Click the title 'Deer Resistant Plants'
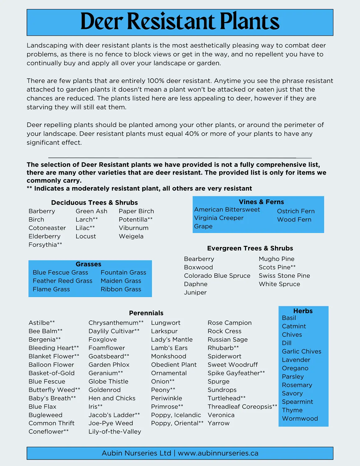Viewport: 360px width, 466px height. [180, 22]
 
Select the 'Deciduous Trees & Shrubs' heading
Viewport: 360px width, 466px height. [94, 203]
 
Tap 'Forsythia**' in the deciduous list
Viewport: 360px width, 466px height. [45, 245]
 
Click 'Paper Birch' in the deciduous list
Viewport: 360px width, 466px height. [136, 211]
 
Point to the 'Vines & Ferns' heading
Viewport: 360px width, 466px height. [261, 202]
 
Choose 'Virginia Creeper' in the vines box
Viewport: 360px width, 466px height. [219, 218]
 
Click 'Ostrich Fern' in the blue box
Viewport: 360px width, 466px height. [296, 211]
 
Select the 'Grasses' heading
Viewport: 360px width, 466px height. [89, 264]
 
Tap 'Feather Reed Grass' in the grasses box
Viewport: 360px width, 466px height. [62, 281]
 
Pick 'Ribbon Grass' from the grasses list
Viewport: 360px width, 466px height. [121, 289]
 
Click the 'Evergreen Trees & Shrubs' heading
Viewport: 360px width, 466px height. [250, 248]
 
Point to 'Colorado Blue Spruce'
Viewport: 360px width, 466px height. [217, 276]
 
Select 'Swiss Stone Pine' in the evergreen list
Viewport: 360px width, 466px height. [284, 276]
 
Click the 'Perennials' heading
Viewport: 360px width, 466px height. [146, 313]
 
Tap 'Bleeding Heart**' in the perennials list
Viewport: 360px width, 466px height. [54, 348]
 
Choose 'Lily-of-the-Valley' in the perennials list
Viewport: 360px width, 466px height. [115, 432]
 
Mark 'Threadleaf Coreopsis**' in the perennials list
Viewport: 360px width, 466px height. [242, 407]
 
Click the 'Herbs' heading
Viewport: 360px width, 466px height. [303, 311]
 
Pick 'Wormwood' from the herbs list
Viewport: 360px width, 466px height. [300, 418]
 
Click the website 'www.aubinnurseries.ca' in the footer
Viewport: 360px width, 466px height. [218, 453]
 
